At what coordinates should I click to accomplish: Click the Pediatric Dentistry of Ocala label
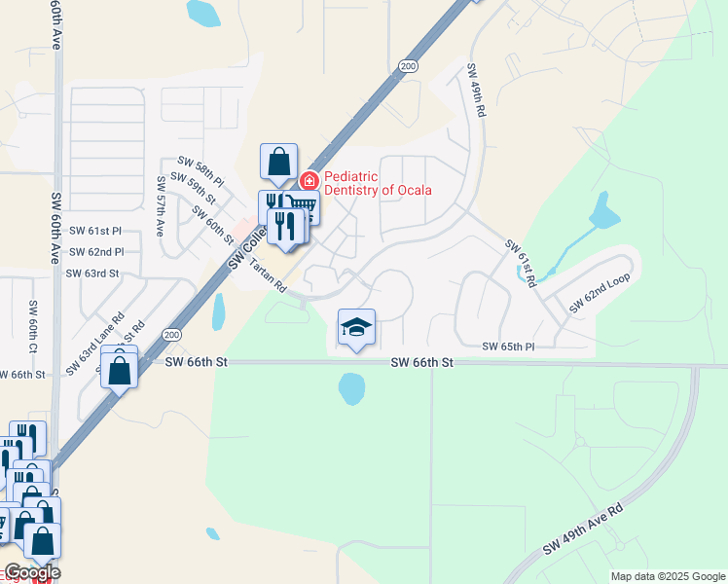pyautogui.click(x=378, y=183)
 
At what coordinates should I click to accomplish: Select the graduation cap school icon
pyautogui.click(x=357, y=327)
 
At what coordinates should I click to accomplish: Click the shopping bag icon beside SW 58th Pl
pyautogui.click(x=278, y=162)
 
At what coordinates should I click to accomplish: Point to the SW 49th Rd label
pyautogui.click(x=476, y=91)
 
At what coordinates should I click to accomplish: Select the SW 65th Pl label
pyautogui.click(x=509, y=347)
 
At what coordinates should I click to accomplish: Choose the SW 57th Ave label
pyautogui.click(x=161, y=207)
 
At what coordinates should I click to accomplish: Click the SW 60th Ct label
pyautogui.click(x=32, y=328)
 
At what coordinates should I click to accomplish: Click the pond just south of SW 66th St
pyautogui.click(x=351, y=389)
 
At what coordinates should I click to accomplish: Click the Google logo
pyautogui.click(x=31, y=572)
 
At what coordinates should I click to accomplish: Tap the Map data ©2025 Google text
pyautogui.click(x=667, y=576)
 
